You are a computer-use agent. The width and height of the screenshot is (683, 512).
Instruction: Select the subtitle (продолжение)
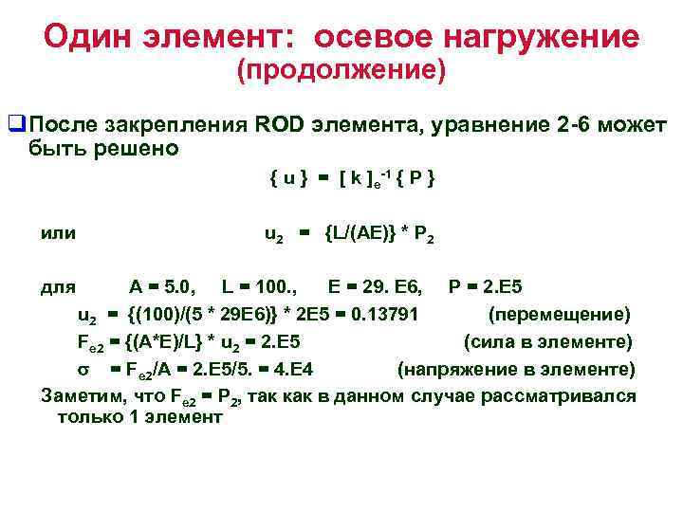point(341,70)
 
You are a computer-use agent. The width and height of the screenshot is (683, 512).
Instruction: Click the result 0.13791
point(395,314)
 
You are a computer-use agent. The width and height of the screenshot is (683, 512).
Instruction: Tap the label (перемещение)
point(559,314)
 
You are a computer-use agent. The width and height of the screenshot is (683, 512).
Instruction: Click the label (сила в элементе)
point(547,341)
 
